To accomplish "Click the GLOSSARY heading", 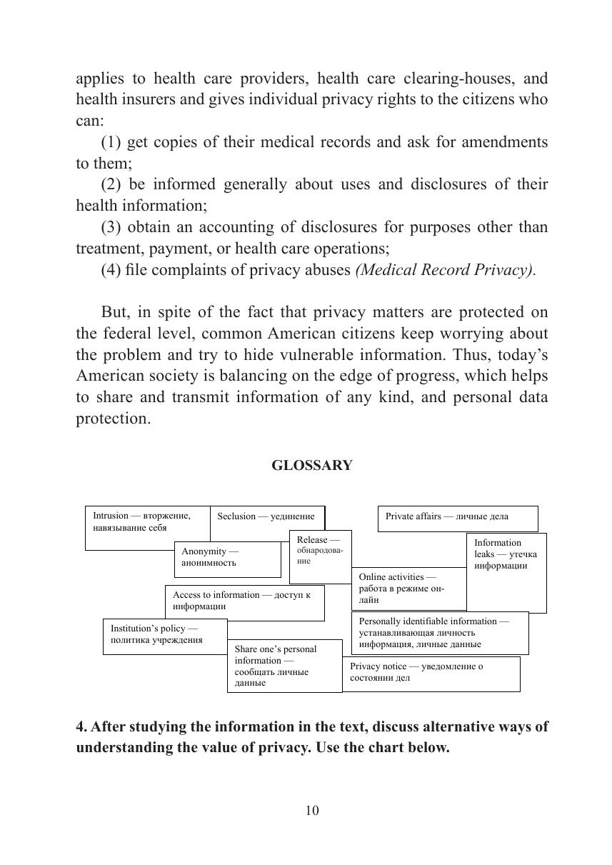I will (x=312, y=466).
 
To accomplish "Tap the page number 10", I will (x=312, y=810).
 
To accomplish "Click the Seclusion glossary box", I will (x=266, y=516).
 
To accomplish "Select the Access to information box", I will (x=244, y=602).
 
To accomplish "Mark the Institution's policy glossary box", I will (x=164, y=636).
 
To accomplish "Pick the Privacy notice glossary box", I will (x=431, y=674).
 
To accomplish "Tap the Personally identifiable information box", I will (x=439, y=633).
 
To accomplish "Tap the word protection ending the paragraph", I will (x=113, y=419).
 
